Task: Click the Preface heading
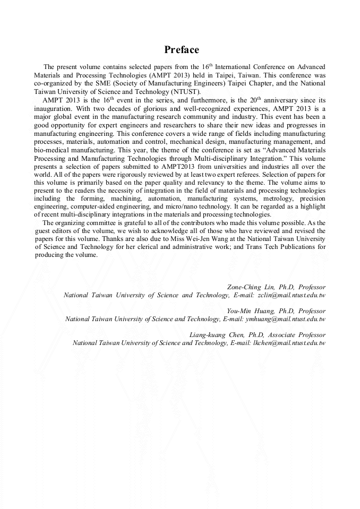tap(182, 50)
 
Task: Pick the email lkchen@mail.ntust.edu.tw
tap(292, 343)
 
